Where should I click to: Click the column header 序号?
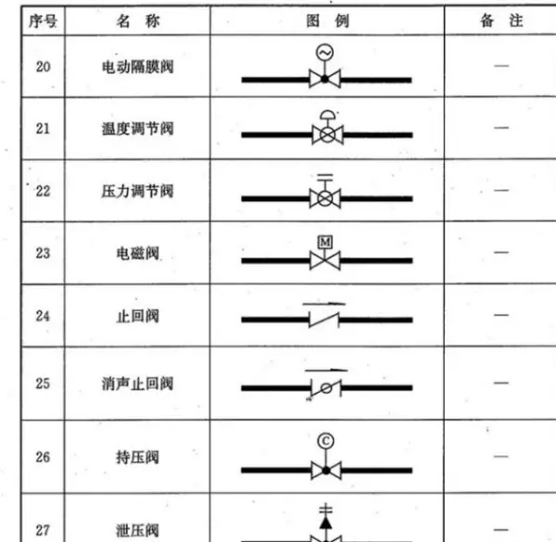[43, 21]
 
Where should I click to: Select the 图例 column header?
[328, 21]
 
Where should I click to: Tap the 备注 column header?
[501, 20]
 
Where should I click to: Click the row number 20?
[44, 67]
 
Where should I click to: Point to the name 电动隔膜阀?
[138, 67]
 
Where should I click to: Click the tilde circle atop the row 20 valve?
[325, 53]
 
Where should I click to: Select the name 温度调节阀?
[138, 129]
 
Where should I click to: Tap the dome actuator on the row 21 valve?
[328, 115]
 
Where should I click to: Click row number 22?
[44, 192]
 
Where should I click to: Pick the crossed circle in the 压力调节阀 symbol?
[325, 198]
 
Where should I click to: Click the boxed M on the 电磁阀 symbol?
[325, 243]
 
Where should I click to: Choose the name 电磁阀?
[138, 254]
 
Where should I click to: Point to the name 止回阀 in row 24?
[138, 316]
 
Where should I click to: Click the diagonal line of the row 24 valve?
[324, 320]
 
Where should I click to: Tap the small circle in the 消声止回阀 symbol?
[326, 388]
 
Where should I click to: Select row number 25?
[43, 384]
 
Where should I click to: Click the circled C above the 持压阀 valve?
[326, 441]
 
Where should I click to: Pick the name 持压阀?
[137, 458]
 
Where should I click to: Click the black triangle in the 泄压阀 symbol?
[326, 523]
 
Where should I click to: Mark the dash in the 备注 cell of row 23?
[501, 252]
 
